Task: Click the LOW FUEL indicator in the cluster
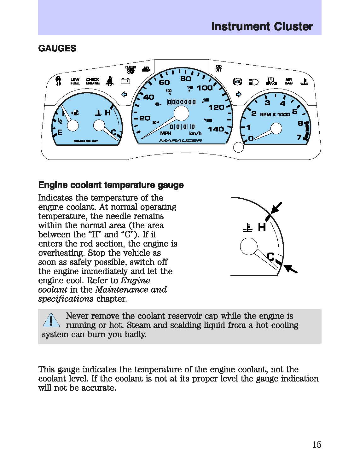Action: (75, 81)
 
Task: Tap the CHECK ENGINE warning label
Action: (93, 81)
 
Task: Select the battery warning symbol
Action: (125, 81)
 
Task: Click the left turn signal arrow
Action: (124, 94)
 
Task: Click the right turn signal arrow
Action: (239, 94)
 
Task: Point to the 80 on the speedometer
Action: (186, 79)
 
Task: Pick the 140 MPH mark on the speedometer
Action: (216, 129)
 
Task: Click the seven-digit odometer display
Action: (182, 102)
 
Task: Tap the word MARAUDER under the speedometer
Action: (180, 140)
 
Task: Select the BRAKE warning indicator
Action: (271, 81)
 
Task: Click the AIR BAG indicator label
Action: (288, 81)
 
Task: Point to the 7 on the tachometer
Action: (299, 137)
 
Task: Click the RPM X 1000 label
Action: (275, 114)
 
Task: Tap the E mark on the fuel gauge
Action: (60, 132)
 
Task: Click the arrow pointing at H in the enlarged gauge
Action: (276, 208)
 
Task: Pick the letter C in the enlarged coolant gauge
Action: (270, 257)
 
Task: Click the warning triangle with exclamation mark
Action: (50, 321)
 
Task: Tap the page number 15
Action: (317, 445)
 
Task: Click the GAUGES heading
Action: (57, 48)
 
